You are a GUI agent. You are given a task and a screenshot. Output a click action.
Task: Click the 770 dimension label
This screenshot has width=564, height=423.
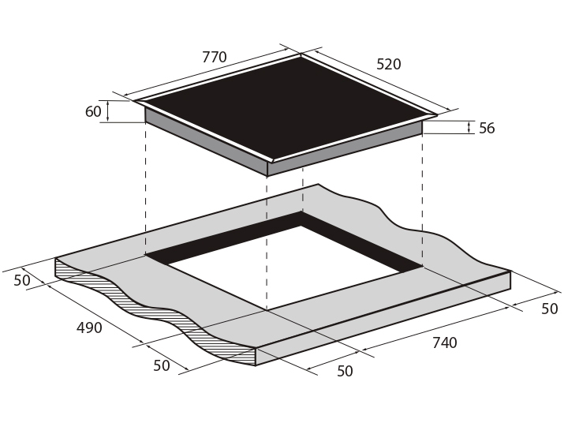click(x=215, y=58)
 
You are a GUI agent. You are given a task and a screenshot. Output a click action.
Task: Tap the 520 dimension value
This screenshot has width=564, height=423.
click(x=388, y=64)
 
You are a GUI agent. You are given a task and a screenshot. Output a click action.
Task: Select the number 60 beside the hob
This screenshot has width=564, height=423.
click(x=93, y=111)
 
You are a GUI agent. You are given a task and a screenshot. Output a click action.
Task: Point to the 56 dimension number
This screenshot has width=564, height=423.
click(x=487, y=128)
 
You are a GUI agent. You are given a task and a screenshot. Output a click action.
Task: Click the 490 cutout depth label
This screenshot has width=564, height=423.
click(x=89, y=328)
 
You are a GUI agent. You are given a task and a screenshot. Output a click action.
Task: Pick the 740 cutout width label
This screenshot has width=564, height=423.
click(x=445, y=343)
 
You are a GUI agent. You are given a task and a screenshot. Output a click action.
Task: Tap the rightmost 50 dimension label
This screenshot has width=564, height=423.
click(x=549, y=309)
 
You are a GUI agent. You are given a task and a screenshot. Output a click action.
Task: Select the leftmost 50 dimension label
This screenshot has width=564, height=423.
click(x=22, y=280)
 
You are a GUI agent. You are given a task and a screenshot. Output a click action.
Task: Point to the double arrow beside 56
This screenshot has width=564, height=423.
click(x=469, y=127)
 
